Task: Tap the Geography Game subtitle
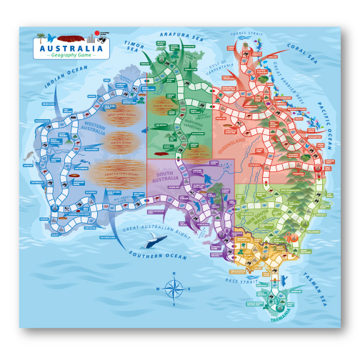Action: coord(70,56)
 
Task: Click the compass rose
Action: coord(173,288)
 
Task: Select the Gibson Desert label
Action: coord(118,142)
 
